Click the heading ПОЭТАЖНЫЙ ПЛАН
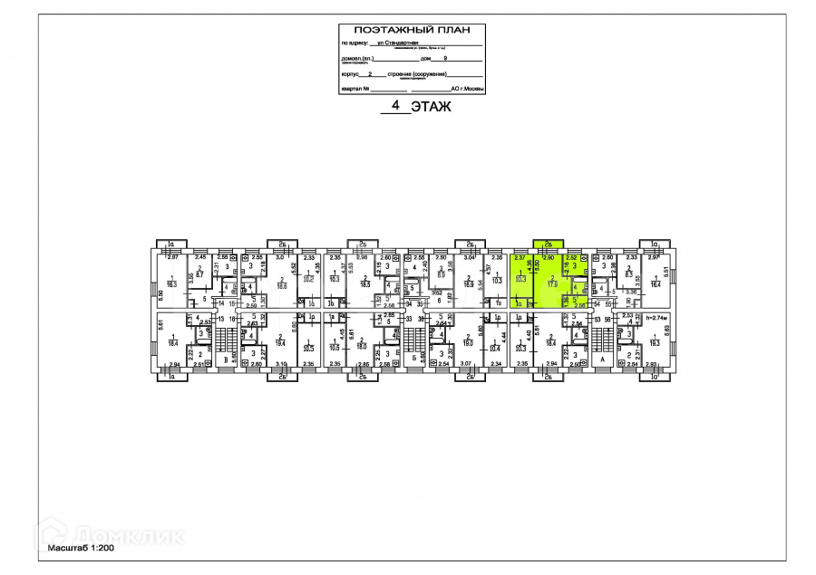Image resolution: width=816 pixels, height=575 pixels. click(412, 30)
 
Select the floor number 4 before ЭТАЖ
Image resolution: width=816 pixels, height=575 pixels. click(393, 107)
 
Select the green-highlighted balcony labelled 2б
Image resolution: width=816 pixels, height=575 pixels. click(548, 244)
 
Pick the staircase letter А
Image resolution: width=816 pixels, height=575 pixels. click(601, 359)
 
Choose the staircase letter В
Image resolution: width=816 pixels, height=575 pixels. click(225, 359)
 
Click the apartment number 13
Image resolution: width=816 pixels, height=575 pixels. click(220, 319)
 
